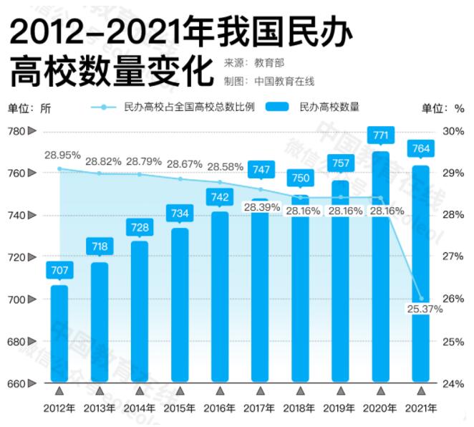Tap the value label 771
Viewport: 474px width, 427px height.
380,135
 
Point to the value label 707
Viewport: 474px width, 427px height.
59,269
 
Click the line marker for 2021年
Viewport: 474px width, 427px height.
422,298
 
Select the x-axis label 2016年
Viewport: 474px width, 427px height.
220,408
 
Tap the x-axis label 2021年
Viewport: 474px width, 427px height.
421,408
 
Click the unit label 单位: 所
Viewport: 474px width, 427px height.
30,108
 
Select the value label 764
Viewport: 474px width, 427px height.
420,149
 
